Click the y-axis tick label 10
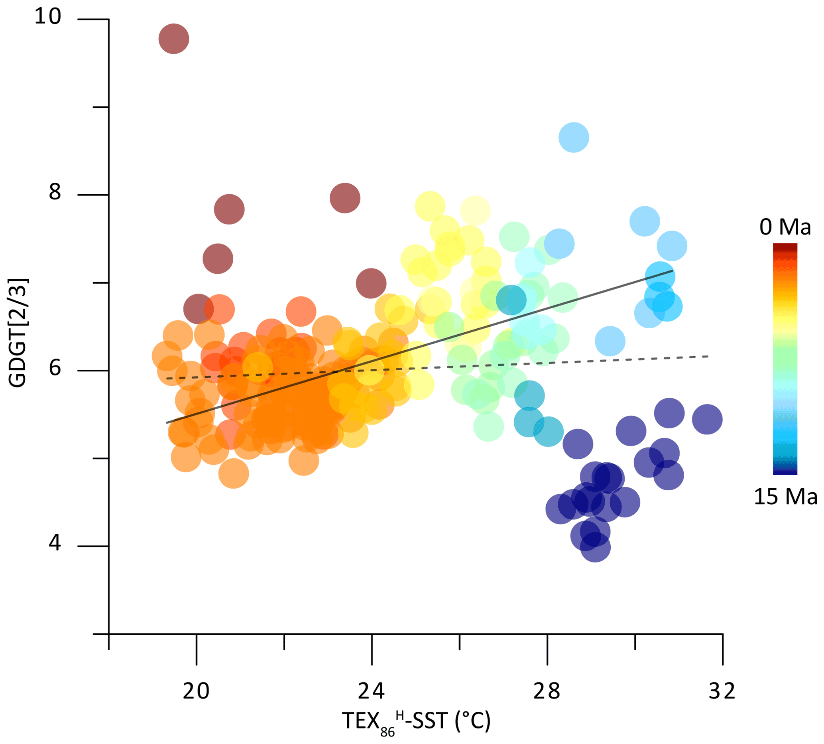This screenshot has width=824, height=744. click(x=47, y=16)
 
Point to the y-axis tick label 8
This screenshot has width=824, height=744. click(x=55, y=192)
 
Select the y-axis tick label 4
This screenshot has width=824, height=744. click(x=55, y=543)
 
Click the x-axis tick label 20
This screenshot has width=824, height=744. click(x=196, y=691)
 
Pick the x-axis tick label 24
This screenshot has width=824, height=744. click(x=372, y=691)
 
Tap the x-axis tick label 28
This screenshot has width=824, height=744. click(x=547, y=691)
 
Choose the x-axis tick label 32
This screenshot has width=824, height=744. click(x=722, y=691)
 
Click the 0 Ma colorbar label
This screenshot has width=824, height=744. click(x=785, y=227)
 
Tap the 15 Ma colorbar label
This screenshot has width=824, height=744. click(x=785, y=497)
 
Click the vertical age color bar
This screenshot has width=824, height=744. click(x=785, y=359)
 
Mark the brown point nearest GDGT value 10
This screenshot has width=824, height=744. click(x=174, y=39)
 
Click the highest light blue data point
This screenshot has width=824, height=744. click(x=574, y=137)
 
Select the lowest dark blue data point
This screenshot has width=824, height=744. click(x=595, y=547)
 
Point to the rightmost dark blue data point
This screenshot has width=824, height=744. click(x=707, y=419)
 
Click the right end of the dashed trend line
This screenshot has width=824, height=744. click(x=708, y=357)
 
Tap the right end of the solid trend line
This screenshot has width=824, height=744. click(x=672, y=271)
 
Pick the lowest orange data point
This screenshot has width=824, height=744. click(x=233, y=474)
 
